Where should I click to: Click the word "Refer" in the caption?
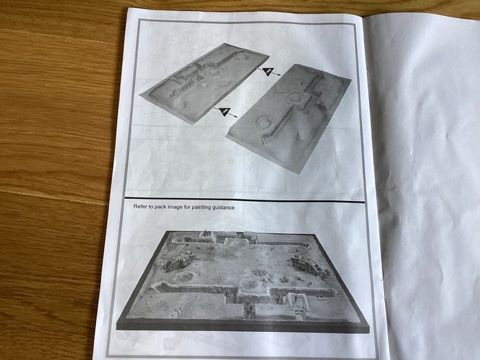click(x=140, y=206)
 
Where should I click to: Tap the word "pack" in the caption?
click(x=160, y=206)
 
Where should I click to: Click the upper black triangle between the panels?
click(x=268, y=71)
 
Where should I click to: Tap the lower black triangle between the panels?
click(x=224, y=111)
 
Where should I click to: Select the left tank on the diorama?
click(x=179, y=261)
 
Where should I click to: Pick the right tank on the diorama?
click(x=307, y=265)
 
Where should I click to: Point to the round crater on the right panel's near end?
click(x=263, y=121)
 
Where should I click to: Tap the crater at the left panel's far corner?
click(x=243, y=57)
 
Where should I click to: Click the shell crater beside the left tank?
click(x=184, y=276)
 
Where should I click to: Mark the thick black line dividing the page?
click(x=245, y=200)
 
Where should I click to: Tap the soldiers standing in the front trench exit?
click(x=248, y=309)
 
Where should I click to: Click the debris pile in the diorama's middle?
click(x=262, y=274)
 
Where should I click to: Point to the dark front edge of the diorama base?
click(x=243, y=326)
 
